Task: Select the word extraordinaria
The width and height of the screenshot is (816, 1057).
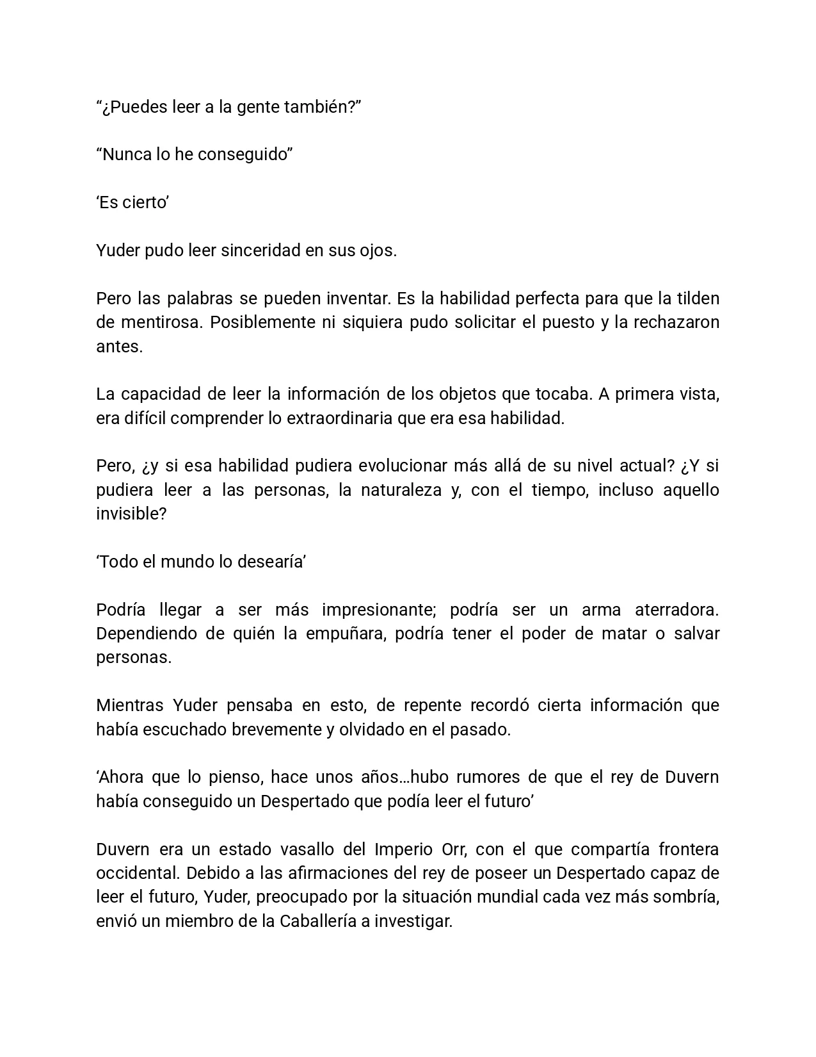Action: pyautogui.click(x=339, y=418)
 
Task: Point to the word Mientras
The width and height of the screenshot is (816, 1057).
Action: pyautogui.click(x=130, y=705)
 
